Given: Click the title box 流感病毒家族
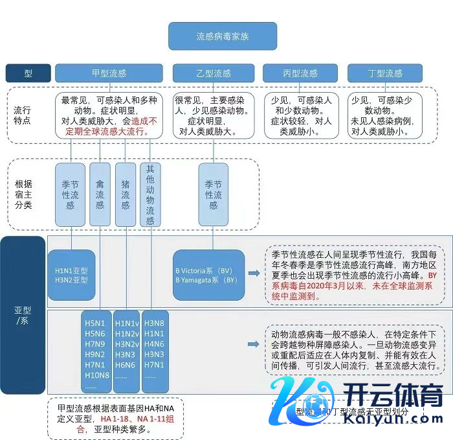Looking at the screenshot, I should click(222, 36).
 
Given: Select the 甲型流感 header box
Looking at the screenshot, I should click(109, 73).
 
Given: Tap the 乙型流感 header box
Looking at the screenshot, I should click(213, 73).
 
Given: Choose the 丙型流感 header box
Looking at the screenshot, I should click(300, 73).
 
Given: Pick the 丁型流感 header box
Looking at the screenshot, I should click(384, 73).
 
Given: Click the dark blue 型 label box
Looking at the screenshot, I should click(28, 73).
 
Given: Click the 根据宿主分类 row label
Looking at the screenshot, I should click(23, 194).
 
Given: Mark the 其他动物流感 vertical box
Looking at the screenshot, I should click(150, 193).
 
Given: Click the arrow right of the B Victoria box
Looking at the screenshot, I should click(254, 274).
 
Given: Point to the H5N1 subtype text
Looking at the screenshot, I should click(94, 322).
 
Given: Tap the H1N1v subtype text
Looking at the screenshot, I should click(126, 322).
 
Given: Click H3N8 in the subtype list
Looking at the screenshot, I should click(154, 322).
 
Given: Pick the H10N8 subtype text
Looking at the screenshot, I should click(96, 375).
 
